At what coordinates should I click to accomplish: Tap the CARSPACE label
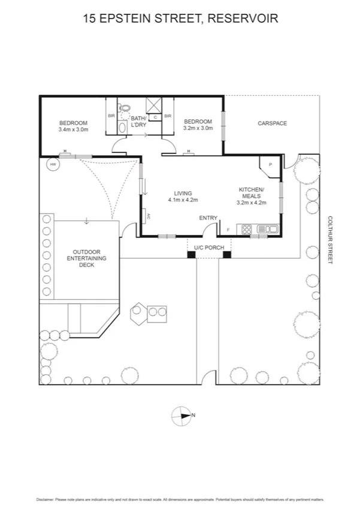273,124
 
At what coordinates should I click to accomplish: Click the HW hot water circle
53,164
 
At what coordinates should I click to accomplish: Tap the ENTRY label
208,218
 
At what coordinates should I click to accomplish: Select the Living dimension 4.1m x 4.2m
183,200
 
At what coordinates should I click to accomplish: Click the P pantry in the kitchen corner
270,164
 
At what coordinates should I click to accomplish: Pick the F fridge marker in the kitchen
228,230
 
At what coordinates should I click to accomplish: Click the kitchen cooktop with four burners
246,228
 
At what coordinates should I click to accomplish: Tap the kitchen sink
267,228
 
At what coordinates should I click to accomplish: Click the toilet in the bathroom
125,109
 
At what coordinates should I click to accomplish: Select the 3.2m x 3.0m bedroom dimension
198,128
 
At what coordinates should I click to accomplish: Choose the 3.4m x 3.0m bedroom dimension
73,129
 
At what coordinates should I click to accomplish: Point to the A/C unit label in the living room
147,215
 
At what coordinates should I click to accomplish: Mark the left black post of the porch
191,255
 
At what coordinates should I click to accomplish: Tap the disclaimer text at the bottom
180,499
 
